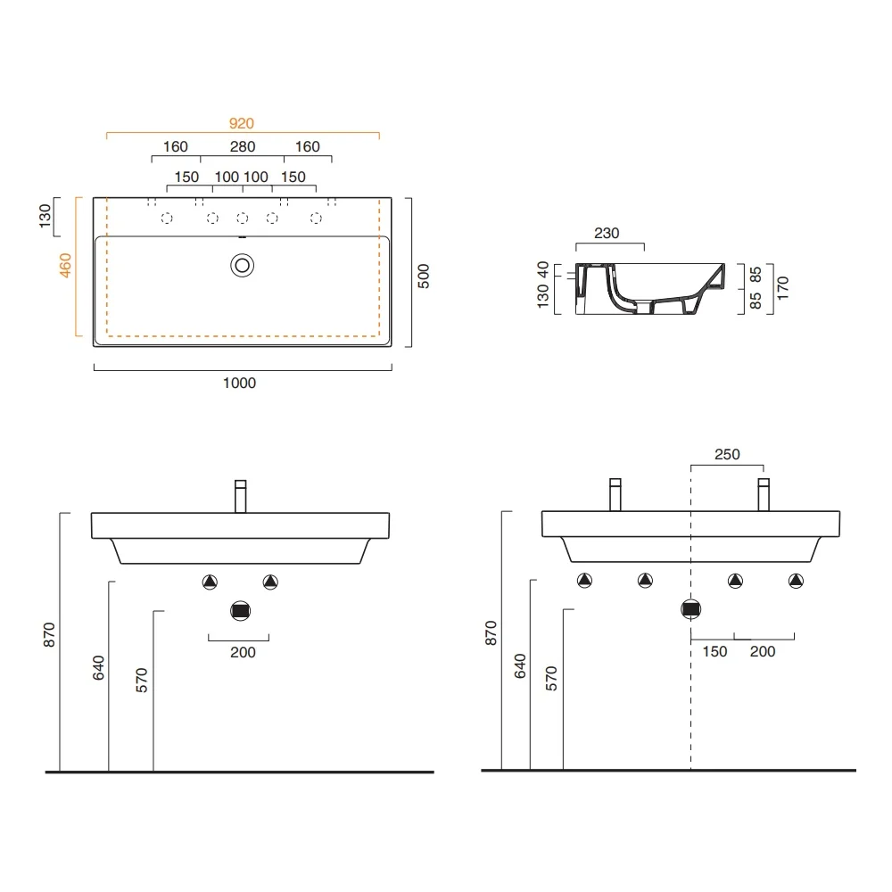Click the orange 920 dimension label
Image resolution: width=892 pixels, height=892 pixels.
point(241,123)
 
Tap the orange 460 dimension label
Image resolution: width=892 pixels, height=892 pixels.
point(65,266)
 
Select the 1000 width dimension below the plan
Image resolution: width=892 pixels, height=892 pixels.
point(239,383)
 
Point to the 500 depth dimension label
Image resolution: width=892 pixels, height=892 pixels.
point(423,276)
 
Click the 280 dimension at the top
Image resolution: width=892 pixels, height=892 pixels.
point(243,147)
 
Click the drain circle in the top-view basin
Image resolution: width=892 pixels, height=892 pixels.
point(243,266)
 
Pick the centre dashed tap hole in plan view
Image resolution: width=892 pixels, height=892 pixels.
point(243,218)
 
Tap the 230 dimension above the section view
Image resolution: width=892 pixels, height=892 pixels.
point(607,233)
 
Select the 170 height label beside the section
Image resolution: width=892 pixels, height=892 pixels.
point(783,288)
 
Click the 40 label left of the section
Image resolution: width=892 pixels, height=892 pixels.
point(543,269)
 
